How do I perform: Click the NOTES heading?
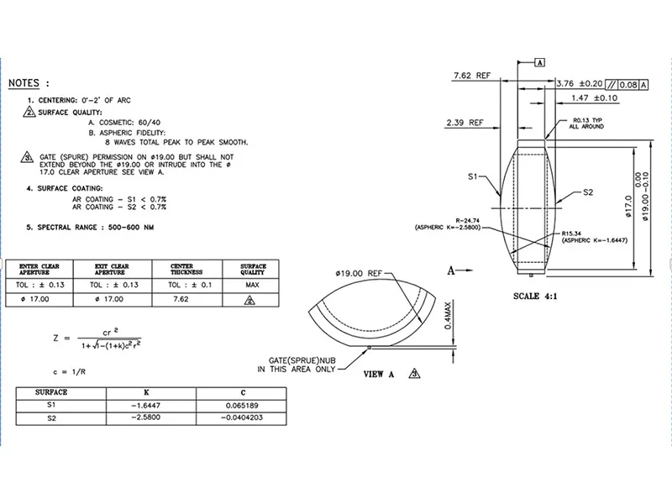pyautogui.click(x=29, y=83)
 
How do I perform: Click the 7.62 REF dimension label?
pyautogui.click(x=471, y=76)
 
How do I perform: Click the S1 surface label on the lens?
pyautogui.click(x=473, y=177)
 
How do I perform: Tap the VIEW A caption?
pyautogui.click(x=379, y=375)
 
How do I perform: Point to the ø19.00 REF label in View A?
pyautogui.click(x=359, y=274)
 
